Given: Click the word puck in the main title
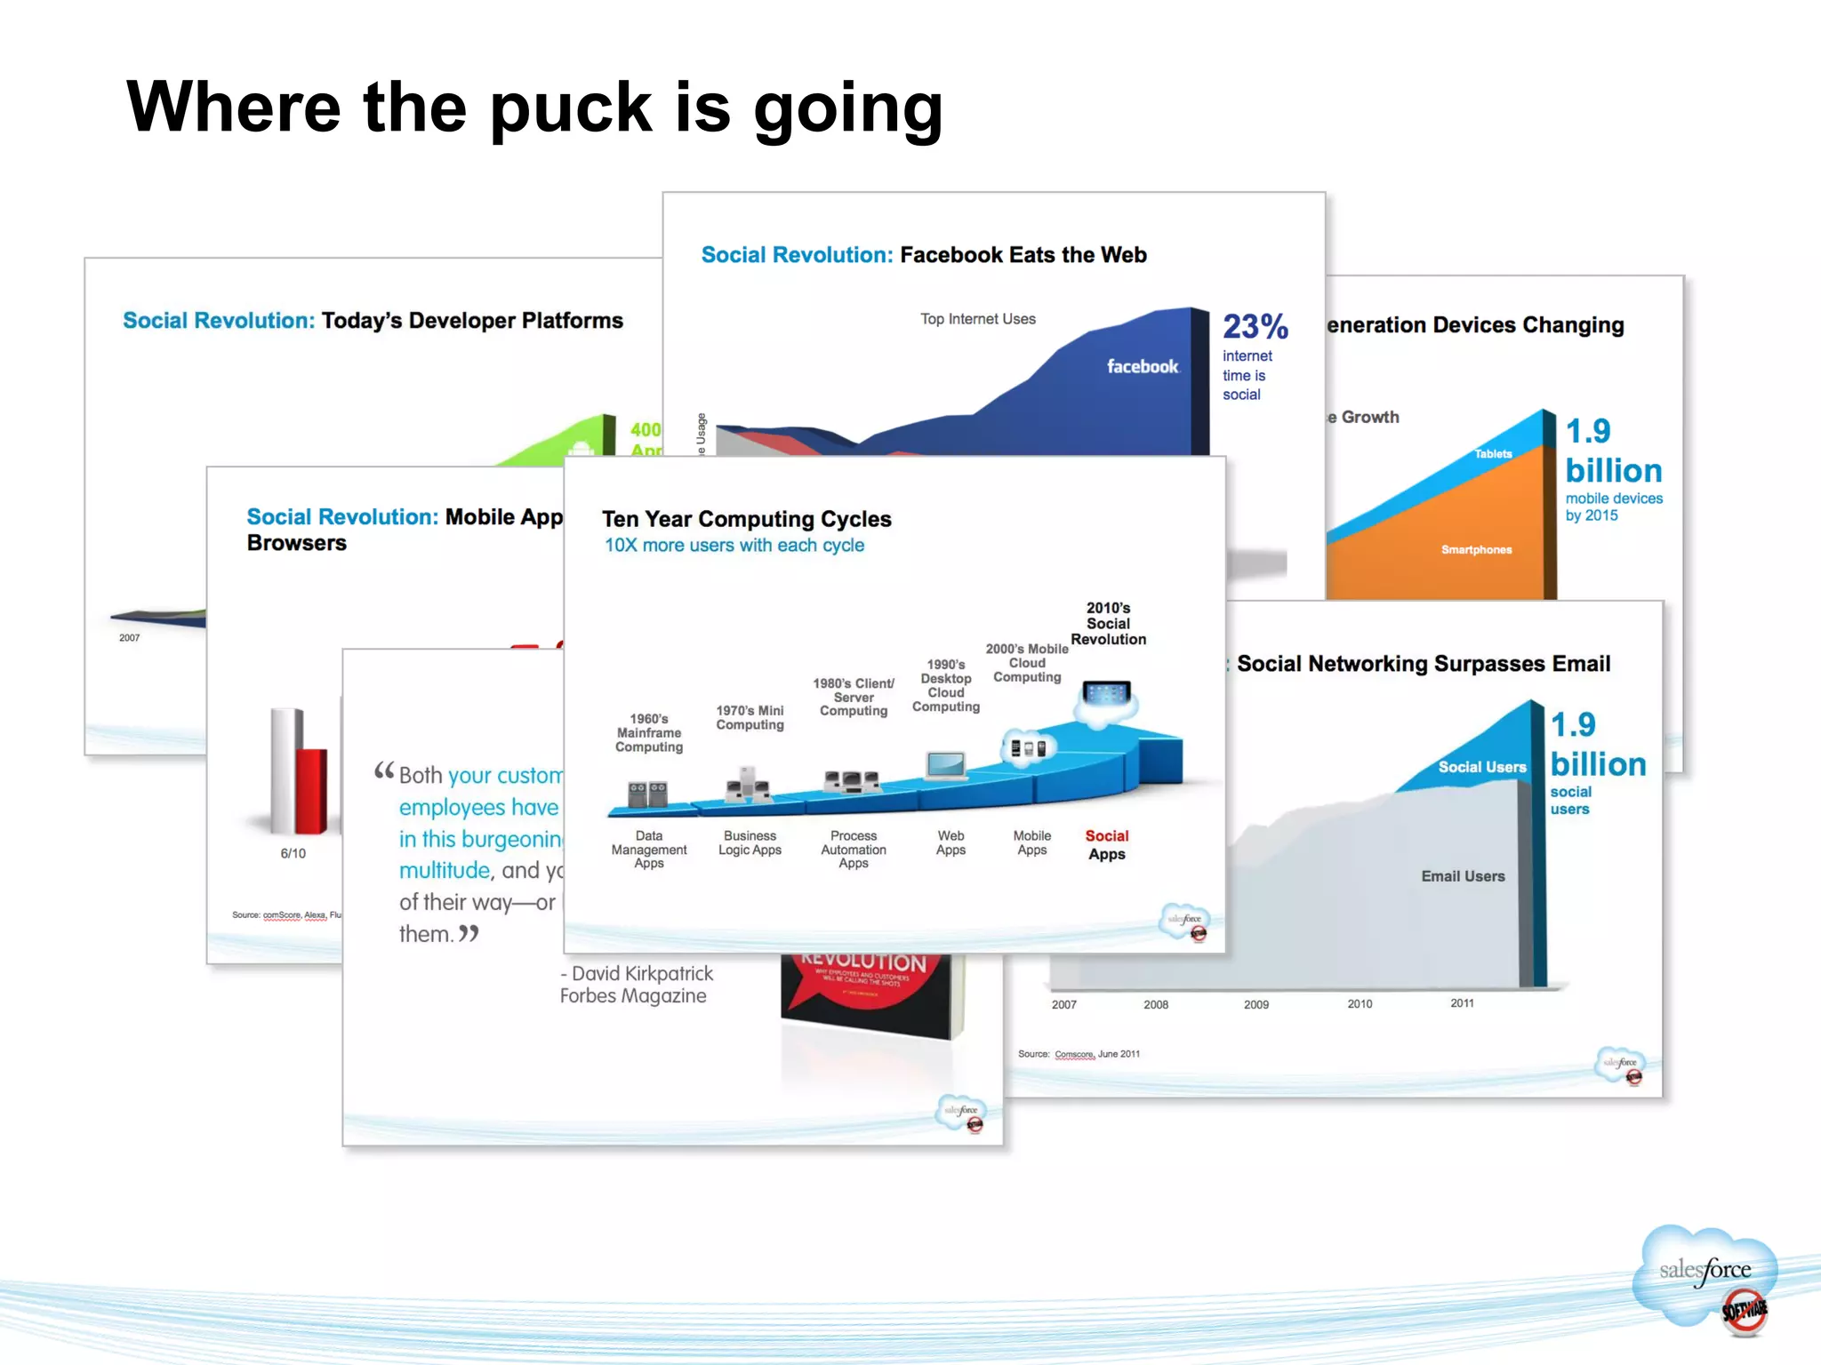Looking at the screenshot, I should pyautogui.click(x=571, y=108).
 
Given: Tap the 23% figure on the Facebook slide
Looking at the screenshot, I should pyautogui.click(x=1254, y=327).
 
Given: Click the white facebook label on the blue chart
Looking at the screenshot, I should pyautogui.click(x=1142, y=366).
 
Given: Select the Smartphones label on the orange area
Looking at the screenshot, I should pyautogui.click(x=1476, y=550).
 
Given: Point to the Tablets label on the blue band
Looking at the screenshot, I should pyautogui.click(x=1493, y=454).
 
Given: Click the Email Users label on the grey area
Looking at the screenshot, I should pyautogui.click(x=1463, y=876).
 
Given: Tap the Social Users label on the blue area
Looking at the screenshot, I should pyautogui.click(x=1481, y=767).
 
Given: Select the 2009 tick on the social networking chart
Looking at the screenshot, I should pyautogui.click(x=1255, y=1004).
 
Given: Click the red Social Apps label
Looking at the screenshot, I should pyautogui.click(x=1106, y=845).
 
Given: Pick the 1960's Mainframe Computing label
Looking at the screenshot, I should pyautogui.click(x=649, y=733).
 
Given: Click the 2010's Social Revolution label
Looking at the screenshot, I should pyautogui.click(x=1108, y=623).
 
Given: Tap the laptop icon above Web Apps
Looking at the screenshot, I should pyautogui.click(x=946, y=764).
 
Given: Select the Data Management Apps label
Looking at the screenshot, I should pyautogui.click(x=649, y=850).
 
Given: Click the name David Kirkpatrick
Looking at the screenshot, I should pyautogui.click(x=642, y=973).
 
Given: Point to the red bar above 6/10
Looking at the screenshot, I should pyautogui.click(x=311, y=791).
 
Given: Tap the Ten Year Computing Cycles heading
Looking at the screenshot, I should pyautogui.click(x=746, y=519).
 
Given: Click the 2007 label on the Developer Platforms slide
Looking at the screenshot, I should pyautogui.click(x=130, y=638).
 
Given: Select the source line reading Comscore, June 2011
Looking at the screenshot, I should pyautogui.click(x=1079, y=1054).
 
